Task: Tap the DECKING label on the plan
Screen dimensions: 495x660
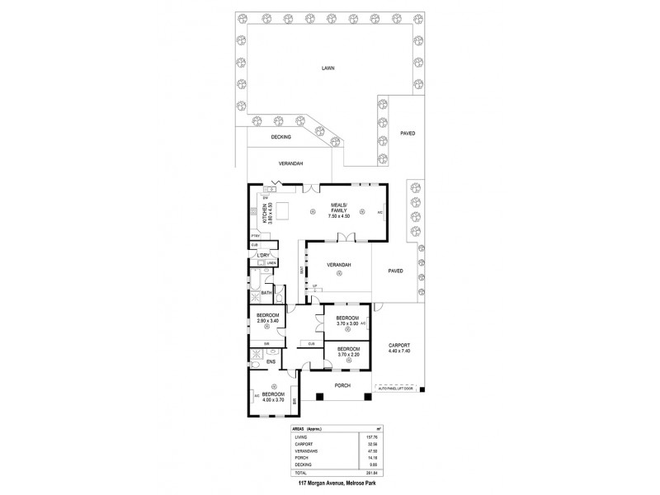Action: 280,137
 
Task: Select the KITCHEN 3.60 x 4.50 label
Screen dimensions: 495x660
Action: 266,214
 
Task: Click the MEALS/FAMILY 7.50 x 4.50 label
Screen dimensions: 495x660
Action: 339,209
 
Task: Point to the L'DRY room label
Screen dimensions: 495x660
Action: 263,255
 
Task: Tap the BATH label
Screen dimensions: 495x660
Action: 266,293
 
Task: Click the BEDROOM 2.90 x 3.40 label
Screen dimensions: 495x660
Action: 266,318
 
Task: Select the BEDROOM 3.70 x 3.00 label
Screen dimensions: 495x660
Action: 347,321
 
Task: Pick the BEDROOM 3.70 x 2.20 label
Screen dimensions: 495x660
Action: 347,352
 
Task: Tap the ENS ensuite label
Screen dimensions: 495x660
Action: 270,361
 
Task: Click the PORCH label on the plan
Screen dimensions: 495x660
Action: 342,385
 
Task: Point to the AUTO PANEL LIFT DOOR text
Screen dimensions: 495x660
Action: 398,386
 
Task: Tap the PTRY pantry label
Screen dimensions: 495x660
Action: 256,236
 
